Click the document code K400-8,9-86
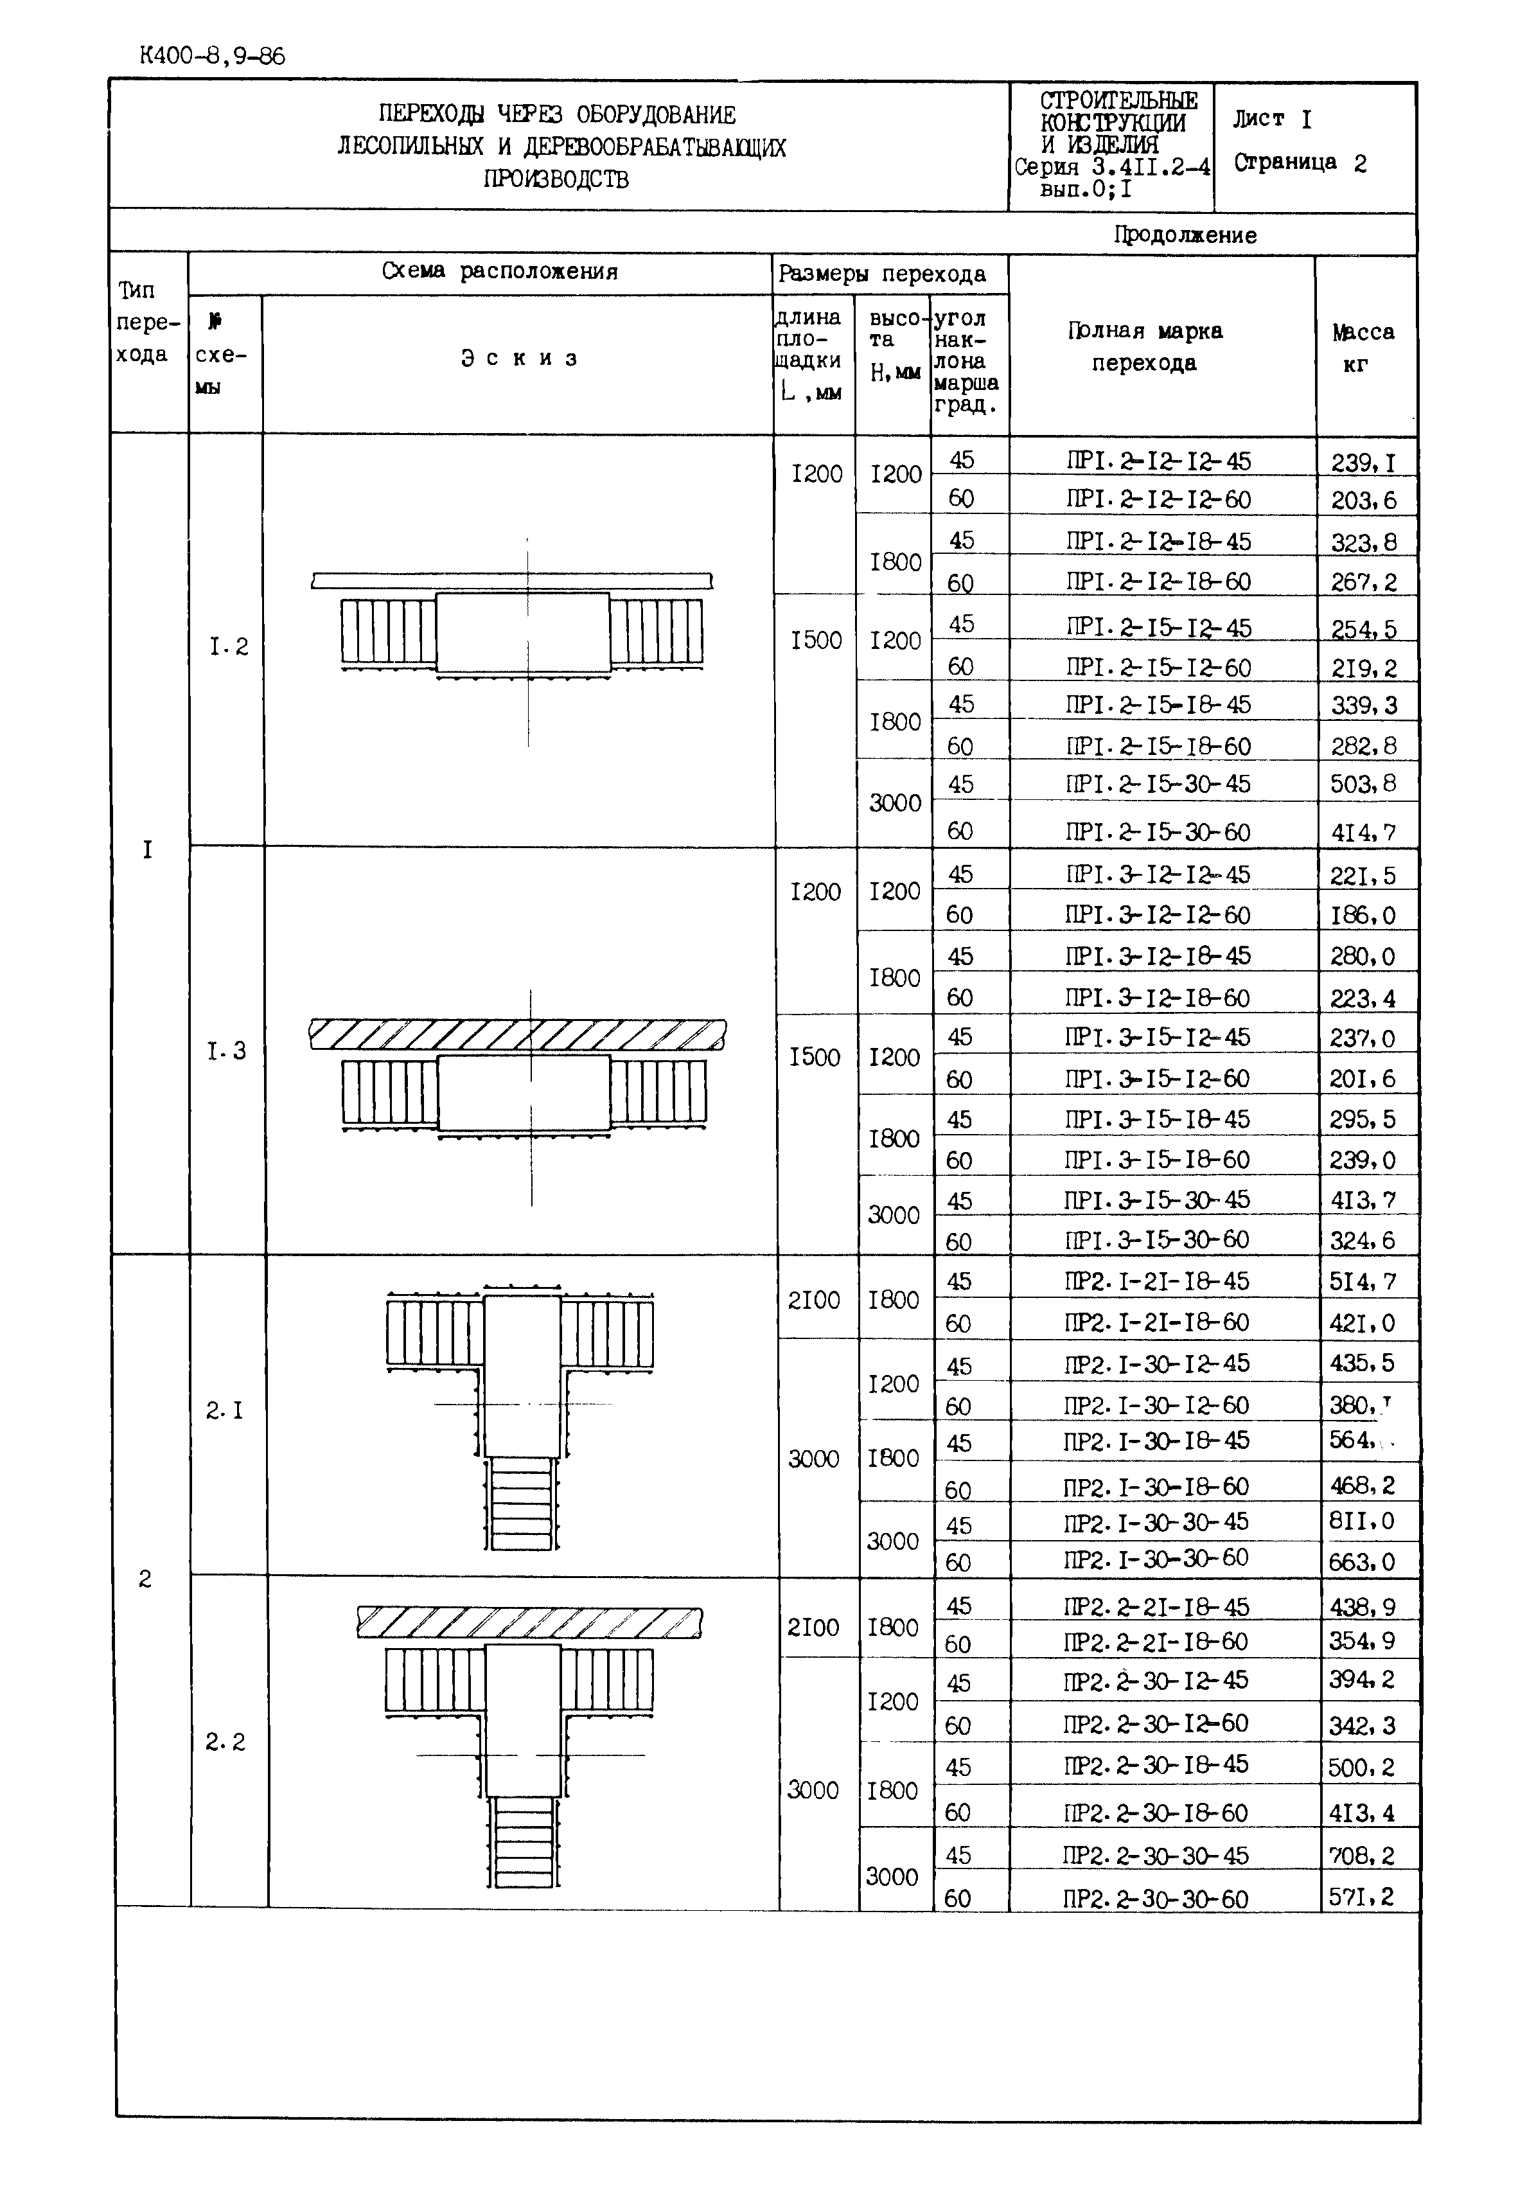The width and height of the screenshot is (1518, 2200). pyautogui.click(x=211, y=56)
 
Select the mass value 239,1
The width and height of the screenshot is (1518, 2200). pyautogui.click(x=1364, y=462)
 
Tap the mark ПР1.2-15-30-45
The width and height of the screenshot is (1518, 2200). pyautogui.click(x=1158, y=784)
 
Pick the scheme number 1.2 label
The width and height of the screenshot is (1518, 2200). pyautogui.click(x=228, y=648)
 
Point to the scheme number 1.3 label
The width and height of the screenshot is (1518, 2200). pyautogui.click(x=226, y=1051)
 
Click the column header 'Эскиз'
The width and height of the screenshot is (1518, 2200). pyautogui.click(x=519, y=359)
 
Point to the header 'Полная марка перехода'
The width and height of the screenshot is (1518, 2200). pyautogui.click(x=1144, y=346)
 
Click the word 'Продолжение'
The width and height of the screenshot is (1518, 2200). pyautogui.click(x=1185, y=235)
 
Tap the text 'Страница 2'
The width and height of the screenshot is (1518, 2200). pyautogui.click(x=1300, y=163)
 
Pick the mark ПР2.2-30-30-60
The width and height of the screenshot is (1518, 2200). pyautogui.click(x=1154, y=1899)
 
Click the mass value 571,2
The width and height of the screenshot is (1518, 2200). pyautogui.click(x=1362, y=1897)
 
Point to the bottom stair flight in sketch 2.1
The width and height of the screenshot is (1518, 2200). pyautogui.click(x=522, y=1503)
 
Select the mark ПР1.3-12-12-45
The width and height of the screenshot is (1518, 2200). pyautogui.click(x=1158, y=874)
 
